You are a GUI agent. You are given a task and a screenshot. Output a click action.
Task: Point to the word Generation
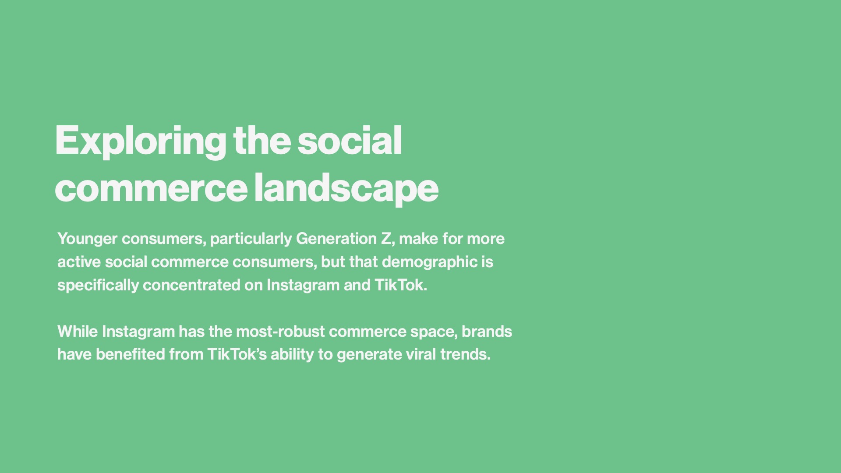[336, 239]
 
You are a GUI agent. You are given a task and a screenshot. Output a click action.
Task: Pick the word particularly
[251, 240]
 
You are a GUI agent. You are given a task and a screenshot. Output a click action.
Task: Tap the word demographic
[430, 263]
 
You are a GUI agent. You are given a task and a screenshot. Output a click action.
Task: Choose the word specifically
[98, 286]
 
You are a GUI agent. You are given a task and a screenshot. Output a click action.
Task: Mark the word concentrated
[191, 285]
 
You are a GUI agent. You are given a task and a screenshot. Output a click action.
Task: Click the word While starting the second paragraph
[78, 332]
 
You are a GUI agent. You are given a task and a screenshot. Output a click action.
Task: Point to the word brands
[487, 332]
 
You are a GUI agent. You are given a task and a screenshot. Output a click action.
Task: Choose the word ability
[292, 355]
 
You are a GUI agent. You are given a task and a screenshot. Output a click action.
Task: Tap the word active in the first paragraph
[79, 262]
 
